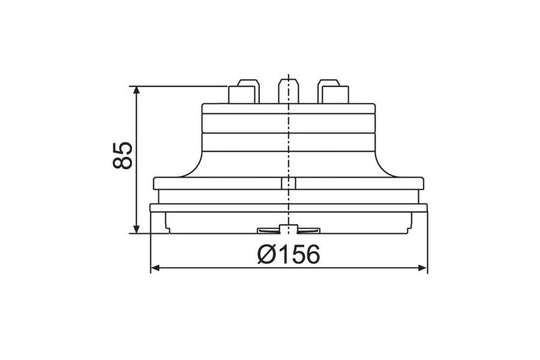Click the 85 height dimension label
pyautogui.click(x=122, y=156)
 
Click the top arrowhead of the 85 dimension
pyautogui.click(x=137, y=90)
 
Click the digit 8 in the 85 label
pyautogui.click(x=122, y=165)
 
